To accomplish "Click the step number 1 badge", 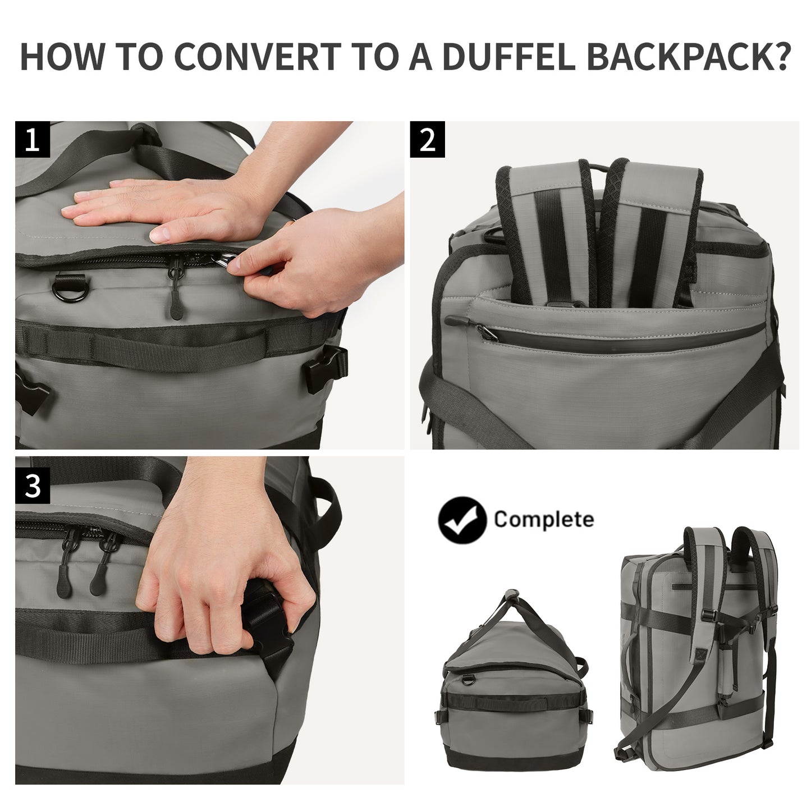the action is tap(33, 139).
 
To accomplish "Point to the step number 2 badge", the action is tap(428, 139).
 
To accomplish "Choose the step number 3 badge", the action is tap(33, 487).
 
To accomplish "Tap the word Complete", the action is tap(543, 519).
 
